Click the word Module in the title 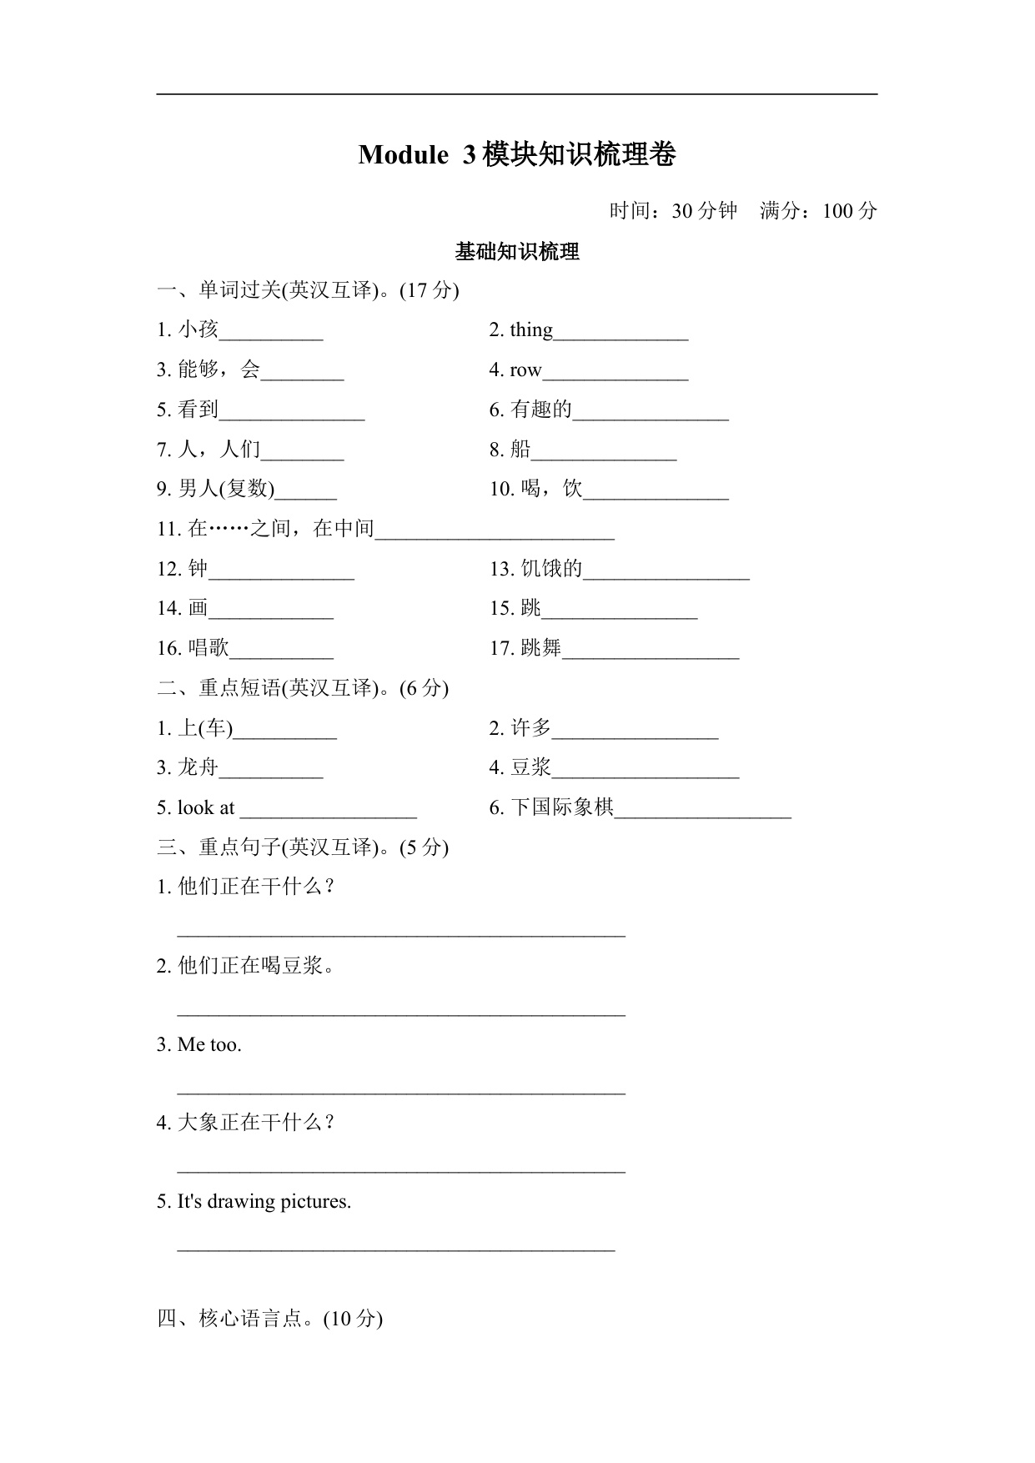[x=403, y=155]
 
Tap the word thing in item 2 [x=531, y=330]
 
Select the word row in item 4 [x=525, y=370]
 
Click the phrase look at [x=206, y=808]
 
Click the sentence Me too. [x=209, y=1045]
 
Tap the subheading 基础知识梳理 [x=517, y=252]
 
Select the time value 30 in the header [x=682, y=211]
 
